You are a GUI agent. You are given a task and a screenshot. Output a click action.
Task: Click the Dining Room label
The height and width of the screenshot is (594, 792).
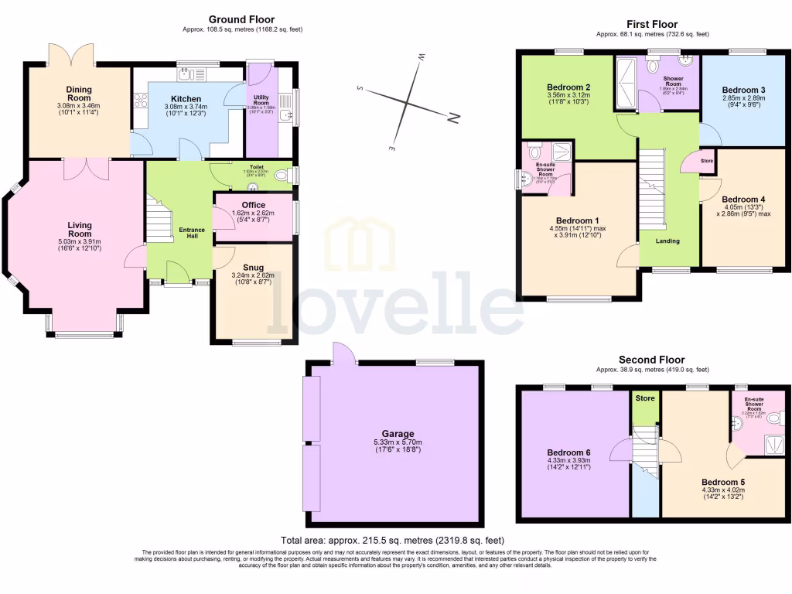pos(79,90)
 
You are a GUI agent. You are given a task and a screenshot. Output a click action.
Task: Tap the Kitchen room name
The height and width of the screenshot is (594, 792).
pos(186,99)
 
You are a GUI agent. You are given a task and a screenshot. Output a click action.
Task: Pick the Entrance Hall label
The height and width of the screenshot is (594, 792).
pos(192,230)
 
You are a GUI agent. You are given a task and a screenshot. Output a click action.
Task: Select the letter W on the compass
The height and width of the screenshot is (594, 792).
pos(422,56)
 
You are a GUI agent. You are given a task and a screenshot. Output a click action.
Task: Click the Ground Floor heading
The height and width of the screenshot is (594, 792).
pos(241,19)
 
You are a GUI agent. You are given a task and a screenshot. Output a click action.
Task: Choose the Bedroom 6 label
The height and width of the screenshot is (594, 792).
pos(568,452)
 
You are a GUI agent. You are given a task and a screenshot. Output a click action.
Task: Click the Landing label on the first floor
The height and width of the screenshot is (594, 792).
pos(667,241)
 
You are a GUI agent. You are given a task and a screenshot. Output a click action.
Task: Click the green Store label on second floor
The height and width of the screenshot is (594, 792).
pos(644,399)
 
